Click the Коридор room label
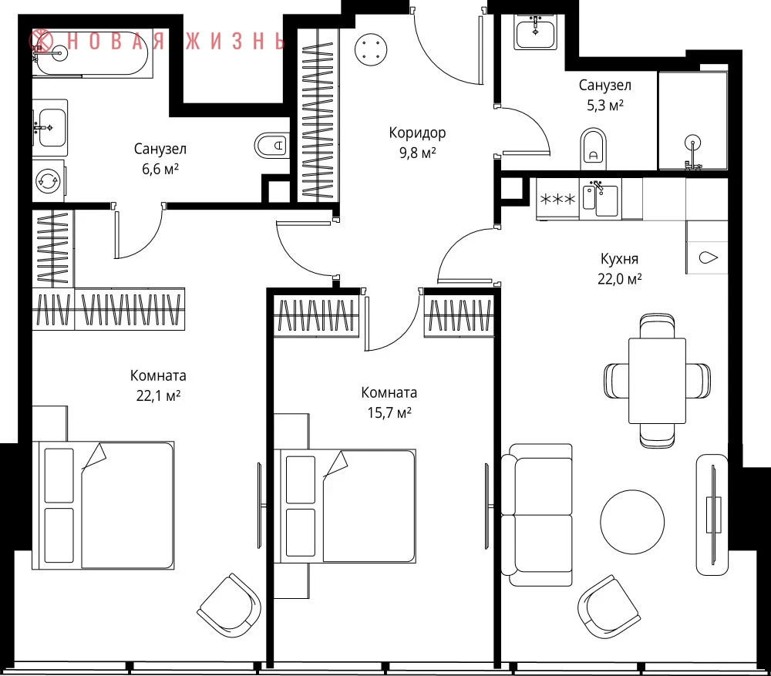[x=417, y=133]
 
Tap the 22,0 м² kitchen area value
[x=620, y=279]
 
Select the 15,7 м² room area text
[x=389, y=412]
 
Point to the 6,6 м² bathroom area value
[x=160, y=169]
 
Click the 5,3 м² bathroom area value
[x=604, y=105]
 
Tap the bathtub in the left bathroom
[x=90, y=54]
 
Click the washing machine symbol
[x=49, y=180]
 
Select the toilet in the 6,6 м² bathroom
[x=271, y=146]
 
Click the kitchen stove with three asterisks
[x=558, y=199]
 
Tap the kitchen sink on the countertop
[x=601, y=199]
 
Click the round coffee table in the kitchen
[x=632, y=522]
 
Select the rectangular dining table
[x=657, y=381]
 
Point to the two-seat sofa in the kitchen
[x=537, y=515]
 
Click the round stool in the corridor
[x=371, y=49]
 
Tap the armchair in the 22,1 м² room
[x=229, y=606]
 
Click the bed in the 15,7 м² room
[x=345, y=506]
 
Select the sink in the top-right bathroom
[x=536, y=32]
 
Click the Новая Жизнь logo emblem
[x=41, y=42]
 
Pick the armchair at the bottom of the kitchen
[x=609, y=607]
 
